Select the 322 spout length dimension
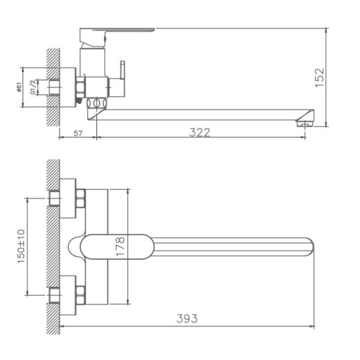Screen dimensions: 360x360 point(199,132)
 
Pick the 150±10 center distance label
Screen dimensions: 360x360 point(20,246)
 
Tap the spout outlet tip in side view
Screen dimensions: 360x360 point(305,123)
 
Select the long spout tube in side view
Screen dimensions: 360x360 point(208,113)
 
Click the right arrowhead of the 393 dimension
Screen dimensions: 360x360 point(312,326)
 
